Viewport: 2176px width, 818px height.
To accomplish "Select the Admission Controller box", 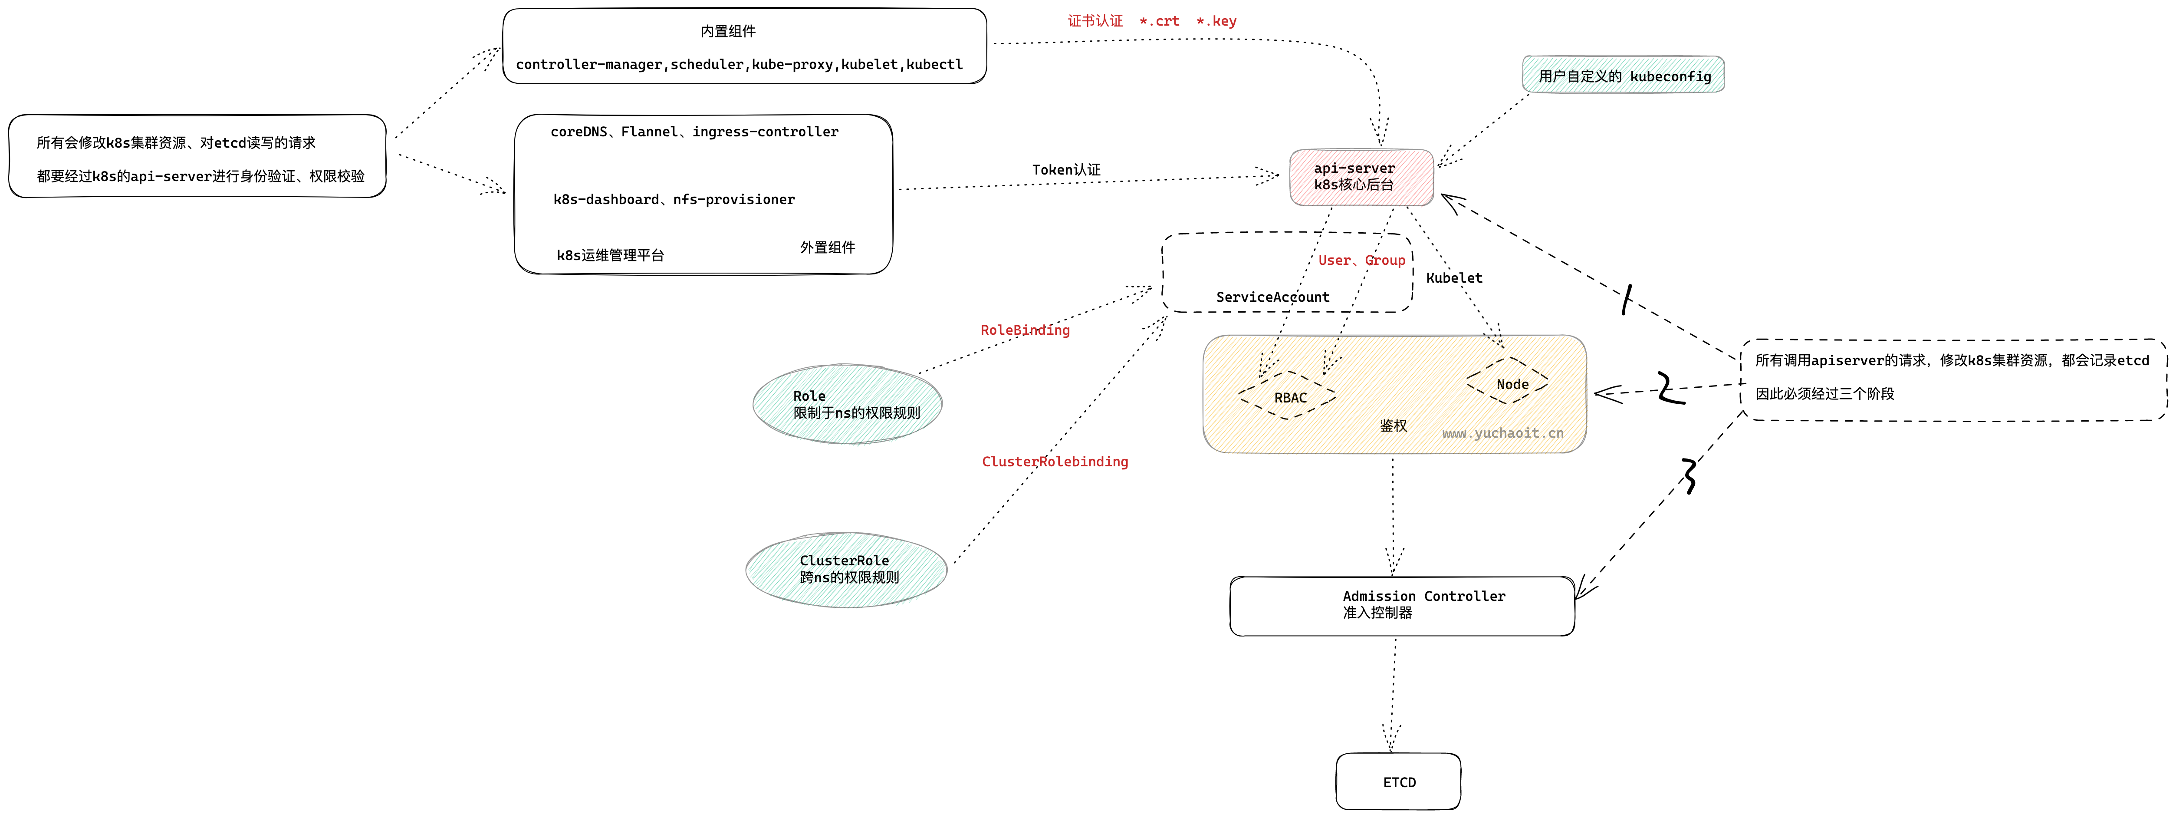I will coord(1402,606).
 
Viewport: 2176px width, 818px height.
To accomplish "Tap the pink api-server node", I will coord(1361,177).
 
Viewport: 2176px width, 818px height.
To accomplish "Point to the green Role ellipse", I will coord(847,404).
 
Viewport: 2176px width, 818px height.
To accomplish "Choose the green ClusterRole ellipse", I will coord(846,569).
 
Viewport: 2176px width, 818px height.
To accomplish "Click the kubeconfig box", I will coord(1623,75).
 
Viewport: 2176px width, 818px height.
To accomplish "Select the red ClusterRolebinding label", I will coord(1054,462).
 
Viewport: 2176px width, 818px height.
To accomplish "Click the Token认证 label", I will coord(1066,170).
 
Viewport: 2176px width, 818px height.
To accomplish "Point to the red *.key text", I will coord(1216,21).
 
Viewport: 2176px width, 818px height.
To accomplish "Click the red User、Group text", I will coord(1361,260).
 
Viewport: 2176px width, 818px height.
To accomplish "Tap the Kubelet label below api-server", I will coord(1454,278).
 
